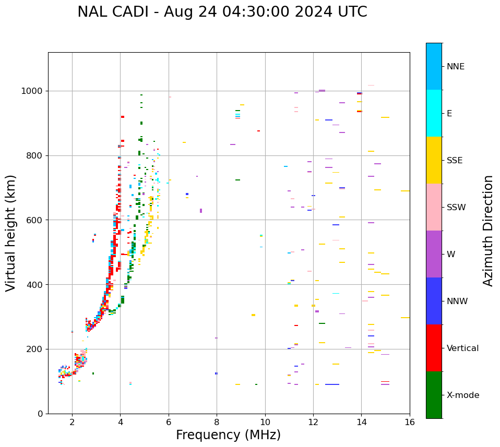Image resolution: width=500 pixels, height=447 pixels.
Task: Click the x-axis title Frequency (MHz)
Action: click(x=228, y=435)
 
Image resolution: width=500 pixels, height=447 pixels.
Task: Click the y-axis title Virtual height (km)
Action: click(x=11, y=233)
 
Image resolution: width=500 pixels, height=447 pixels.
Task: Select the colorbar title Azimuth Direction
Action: click(x=488, y=231)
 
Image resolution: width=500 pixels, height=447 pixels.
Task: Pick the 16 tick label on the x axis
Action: click(x=410, y=422)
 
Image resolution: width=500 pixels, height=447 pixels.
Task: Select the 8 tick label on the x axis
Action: click(x=217, y=422)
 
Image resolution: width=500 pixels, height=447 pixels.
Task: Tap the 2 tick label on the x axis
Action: click(x=72, y=422)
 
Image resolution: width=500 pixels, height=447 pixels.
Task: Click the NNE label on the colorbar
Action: click(x=455, y=66)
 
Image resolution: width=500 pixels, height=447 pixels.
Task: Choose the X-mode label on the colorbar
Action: click(x=462, y=395)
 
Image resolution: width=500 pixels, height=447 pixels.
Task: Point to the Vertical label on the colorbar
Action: click(x=462, y=348)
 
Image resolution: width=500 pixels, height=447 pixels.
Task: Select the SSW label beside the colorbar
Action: click(x=456, y=207)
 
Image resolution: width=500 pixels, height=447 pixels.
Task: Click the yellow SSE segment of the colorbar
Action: click(x=434, y=160)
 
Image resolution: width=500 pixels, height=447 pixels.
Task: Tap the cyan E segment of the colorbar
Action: click(x=434, y=113)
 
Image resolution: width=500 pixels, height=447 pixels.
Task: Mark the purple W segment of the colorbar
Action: click(x=434, y=254)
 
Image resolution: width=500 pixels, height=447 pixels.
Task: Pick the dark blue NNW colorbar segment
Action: click(x=434, y=301)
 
